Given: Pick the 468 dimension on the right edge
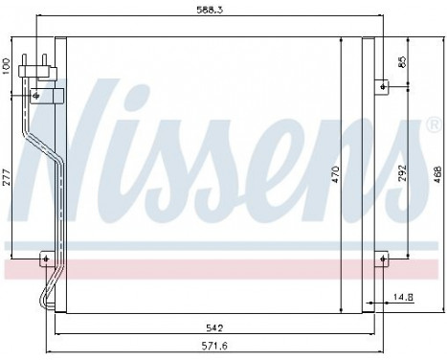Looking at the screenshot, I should tap(436, 175).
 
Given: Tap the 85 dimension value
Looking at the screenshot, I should tap(403, 63).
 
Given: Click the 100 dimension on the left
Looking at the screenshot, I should tap(8, 65).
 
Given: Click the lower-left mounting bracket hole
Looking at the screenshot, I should tap(43, 259).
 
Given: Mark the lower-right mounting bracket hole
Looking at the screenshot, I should tap(383, 259).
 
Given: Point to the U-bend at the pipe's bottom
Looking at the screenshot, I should tap(41, 300).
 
